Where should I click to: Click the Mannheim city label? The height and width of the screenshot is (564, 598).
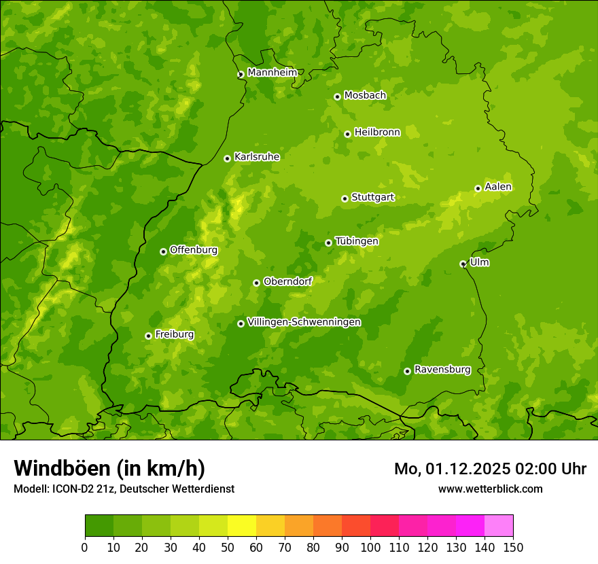click(272, 73)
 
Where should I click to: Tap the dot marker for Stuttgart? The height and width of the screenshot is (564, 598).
click(345, 198)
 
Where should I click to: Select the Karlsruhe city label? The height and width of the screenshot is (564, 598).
click(257, 157)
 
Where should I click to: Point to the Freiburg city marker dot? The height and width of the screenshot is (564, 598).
click(148, 336)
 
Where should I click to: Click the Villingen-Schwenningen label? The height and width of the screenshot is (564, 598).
click(304, 322)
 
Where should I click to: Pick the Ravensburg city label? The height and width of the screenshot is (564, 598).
click(442, 370)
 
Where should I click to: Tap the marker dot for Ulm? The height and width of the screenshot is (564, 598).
click(463, 264)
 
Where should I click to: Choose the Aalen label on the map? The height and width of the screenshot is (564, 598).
click(498, 187)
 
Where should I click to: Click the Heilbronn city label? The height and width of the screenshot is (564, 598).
click(377, 133)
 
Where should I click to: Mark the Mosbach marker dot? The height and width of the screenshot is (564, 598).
click(337, 96)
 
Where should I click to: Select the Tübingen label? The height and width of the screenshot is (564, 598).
click(357, 241)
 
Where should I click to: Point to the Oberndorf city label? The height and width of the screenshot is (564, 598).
click(287, 281)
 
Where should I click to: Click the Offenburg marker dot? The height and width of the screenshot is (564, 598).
click(163, 251)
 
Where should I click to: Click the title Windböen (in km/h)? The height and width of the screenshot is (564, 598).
click(109, 468)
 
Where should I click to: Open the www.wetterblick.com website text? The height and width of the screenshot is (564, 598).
click(490, 489)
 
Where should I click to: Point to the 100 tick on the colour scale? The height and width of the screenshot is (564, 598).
click(370, 548)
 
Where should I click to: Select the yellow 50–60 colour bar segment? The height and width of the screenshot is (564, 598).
click(242, 526)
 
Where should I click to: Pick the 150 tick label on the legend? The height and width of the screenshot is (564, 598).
click(513, 548)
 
